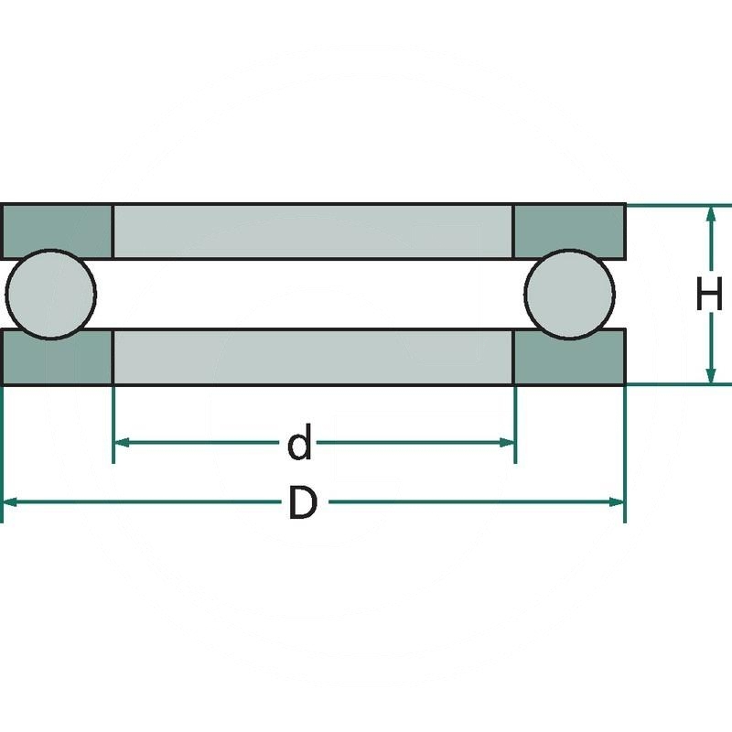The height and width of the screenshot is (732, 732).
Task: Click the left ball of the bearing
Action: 50,293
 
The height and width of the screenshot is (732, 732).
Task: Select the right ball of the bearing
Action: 570,293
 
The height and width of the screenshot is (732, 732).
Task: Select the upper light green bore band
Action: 312,231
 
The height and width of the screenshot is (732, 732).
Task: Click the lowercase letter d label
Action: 299,444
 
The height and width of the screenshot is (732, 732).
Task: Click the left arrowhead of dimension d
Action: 122,443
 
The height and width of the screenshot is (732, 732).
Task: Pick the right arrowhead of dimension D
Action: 616,501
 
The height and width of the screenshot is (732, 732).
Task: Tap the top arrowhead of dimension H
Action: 710,214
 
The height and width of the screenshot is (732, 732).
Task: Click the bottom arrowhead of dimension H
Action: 710,375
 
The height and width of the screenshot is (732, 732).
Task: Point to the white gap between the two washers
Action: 312,293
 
